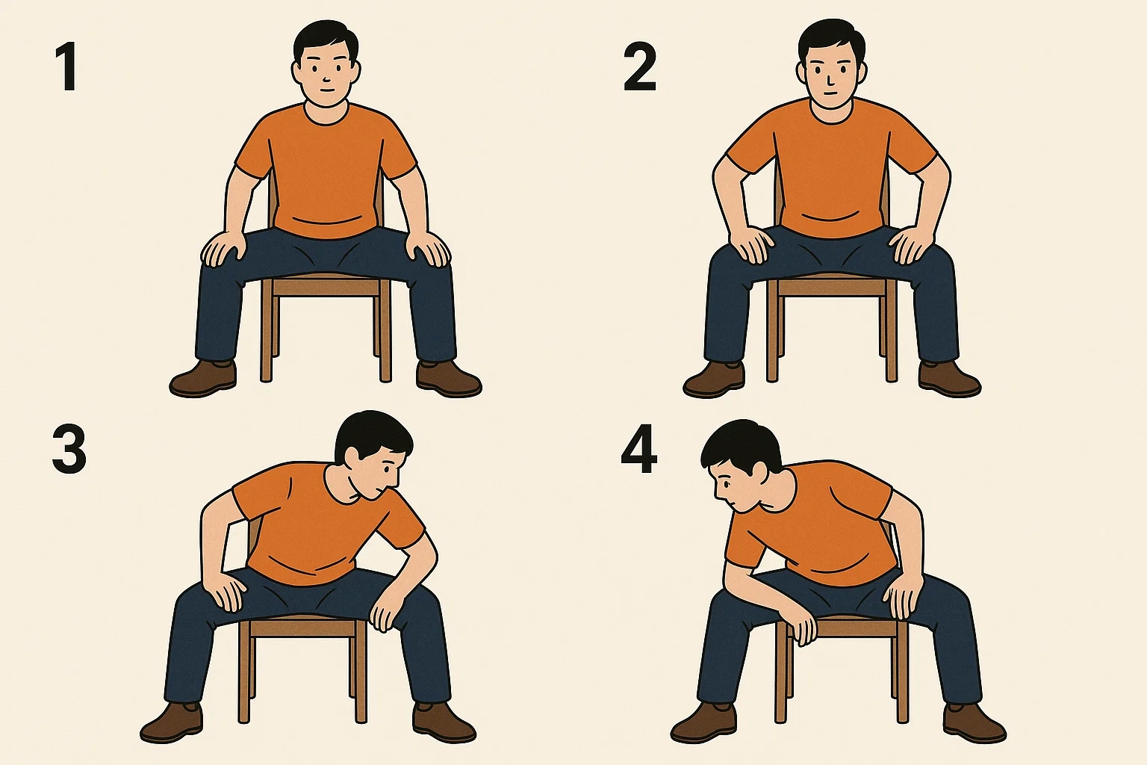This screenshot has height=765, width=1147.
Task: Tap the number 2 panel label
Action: click(639, 68)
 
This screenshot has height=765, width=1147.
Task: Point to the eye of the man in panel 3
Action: click(388, 468)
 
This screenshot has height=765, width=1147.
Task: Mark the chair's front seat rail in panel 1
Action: click(326, 288)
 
